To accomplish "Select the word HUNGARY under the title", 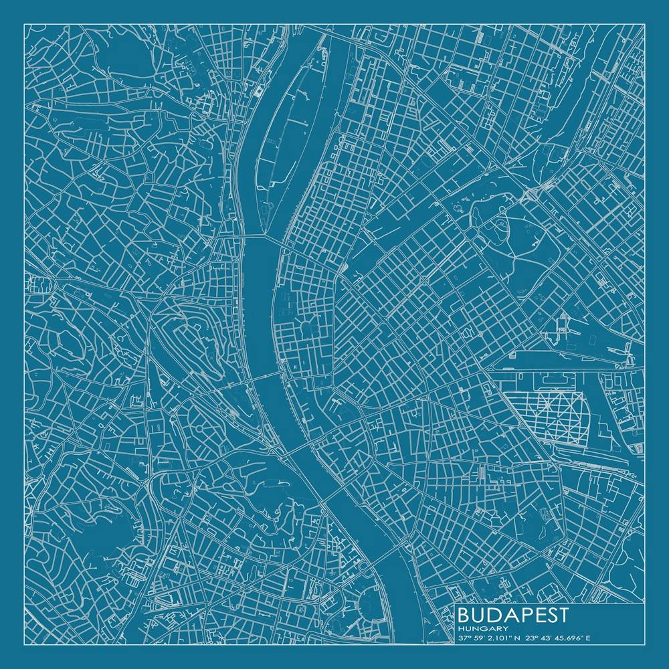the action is (x=478, y=629).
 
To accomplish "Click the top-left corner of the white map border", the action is (x=24, y=24).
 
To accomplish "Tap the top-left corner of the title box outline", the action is (x=456, y=605).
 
